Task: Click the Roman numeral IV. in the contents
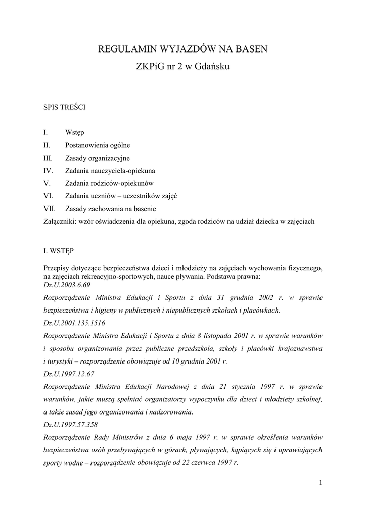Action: (x=49, y=171)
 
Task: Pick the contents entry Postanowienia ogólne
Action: (x=98, y=145)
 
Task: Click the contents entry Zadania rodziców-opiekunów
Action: (x=109, y=183)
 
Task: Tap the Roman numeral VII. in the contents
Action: (x=50, y=209)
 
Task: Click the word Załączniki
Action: (x=60, y=221)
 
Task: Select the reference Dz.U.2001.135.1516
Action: (x=75, y=323)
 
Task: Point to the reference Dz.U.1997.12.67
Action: (x=69, y=374)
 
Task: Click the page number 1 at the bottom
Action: (x=321, y=483)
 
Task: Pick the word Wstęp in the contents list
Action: (x=75, y=133)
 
